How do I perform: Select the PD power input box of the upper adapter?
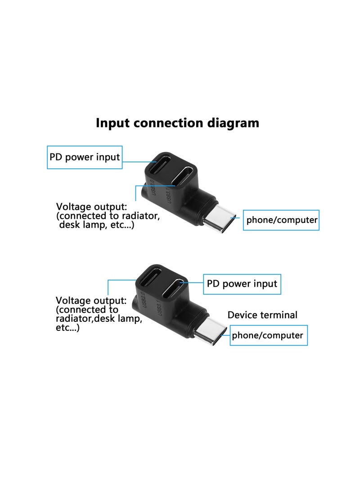85,157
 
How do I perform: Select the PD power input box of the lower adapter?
242,284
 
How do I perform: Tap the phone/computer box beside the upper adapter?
281,220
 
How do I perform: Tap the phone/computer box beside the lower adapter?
269,335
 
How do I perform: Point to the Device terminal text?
262,315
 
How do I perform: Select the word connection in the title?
171,123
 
